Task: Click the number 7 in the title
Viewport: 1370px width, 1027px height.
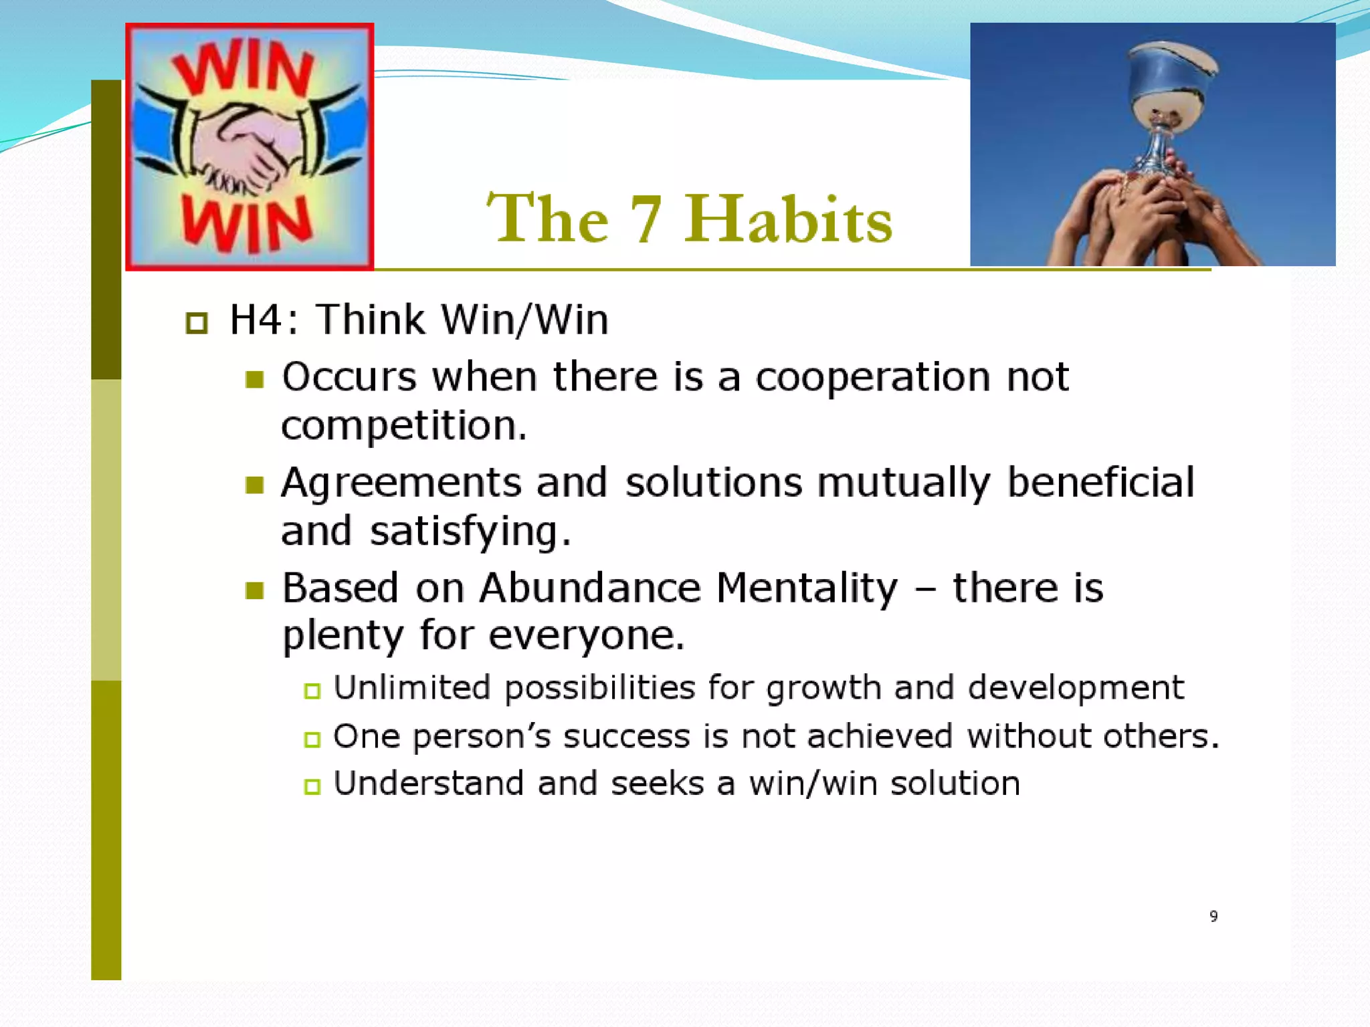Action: click(x=646, y=219)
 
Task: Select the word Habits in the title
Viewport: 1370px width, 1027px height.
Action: click(x=788, y=219)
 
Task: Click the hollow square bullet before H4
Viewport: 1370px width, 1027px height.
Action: click(x=197, y=323)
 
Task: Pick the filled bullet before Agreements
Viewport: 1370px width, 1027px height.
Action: click(x=254, y=485)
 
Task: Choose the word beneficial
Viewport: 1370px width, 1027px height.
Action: click(x=1100, y=482)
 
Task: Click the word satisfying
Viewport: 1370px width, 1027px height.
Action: click(x=470, y=532)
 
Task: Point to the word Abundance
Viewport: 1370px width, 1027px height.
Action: click(x=590, y=588)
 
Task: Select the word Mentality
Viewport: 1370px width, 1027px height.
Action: click(x=807, y=588)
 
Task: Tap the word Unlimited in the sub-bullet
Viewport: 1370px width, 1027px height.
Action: click(x=412, y=688)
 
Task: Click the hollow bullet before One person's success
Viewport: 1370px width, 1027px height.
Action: click(x=312, y=739)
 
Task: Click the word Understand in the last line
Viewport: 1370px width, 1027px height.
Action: click(x=428, y=784)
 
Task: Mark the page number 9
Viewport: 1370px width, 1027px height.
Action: click(x=1213, y=916)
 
